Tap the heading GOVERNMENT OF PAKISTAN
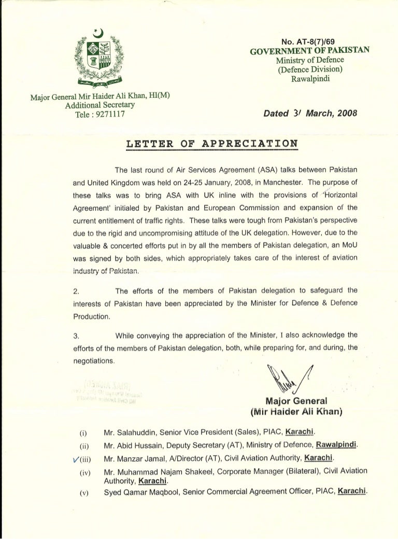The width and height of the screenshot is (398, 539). (309, 50)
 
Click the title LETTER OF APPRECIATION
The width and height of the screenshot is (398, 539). (212, 143)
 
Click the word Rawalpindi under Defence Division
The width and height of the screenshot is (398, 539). (310, 79)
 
